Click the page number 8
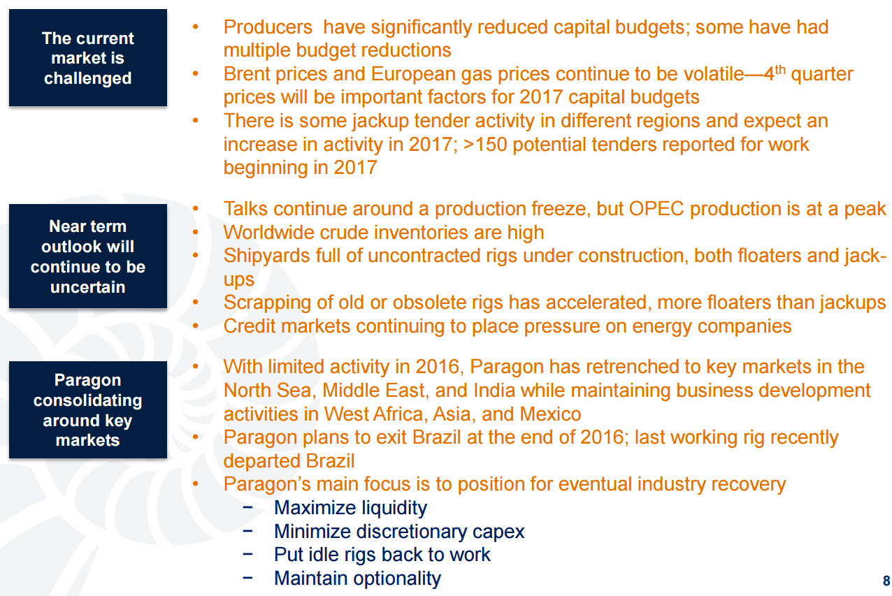[886, 581]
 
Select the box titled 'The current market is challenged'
[88, 58]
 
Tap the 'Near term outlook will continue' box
[88, 256]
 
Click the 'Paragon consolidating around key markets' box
[88, 410]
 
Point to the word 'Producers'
[268, 27]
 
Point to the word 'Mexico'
[550, 414]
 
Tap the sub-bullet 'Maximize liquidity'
[350, 508]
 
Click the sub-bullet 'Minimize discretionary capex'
[399, 532]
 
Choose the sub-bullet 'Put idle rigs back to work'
[382, 555]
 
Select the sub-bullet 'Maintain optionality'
[357, 579]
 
